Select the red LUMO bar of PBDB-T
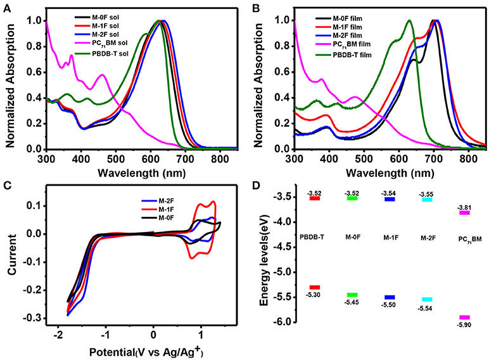pyautogui.click(x=315, y=198)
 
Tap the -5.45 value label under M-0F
pyautogui.click(x=353, y=303)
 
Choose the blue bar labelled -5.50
pyautogui.click(x=390, y=297)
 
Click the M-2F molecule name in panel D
pyautogui.click(x=427, y=237)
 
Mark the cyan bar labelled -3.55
pyautogui.click(x=427, y=200)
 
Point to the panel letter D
pyautogui.click(x=255, y=188)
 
